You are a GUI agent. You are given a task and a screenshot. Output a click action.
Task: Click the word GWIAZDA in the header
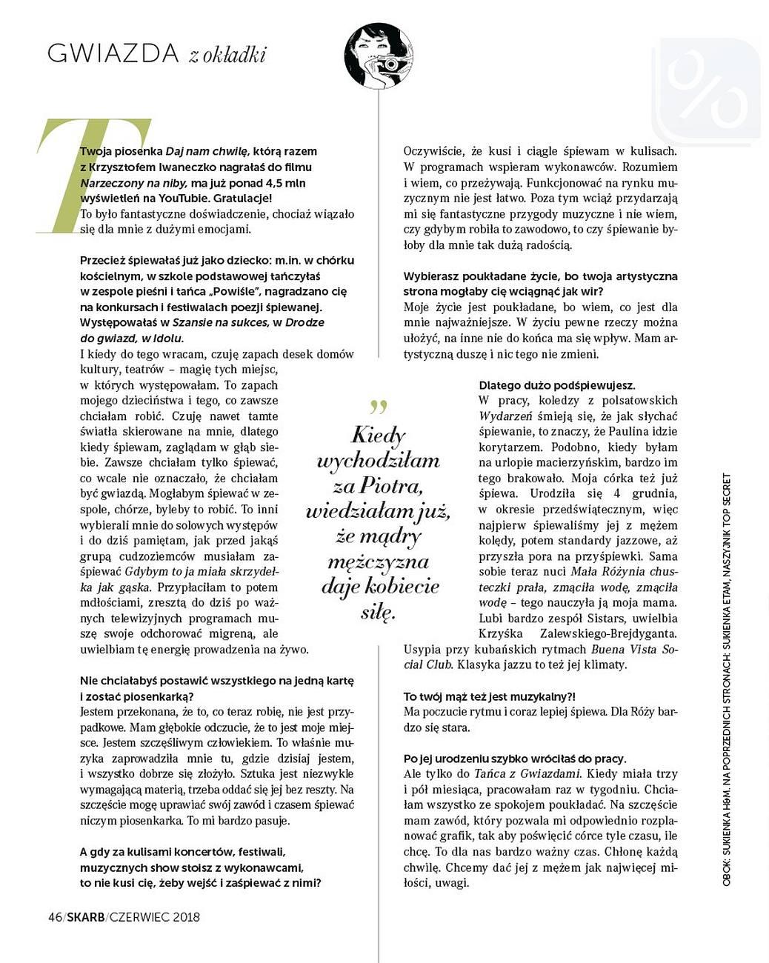113,53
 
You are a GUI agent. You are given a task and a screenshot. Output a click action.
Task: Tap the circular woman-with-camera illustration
378,56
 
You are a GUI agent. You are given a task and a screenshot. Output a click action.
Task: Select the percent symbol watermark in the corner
705,90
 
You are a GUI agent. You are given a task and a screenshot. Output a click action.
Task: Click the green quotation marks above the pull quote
379,407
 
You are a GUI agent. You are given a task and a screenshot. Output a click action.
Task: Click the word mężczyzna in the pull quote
379,562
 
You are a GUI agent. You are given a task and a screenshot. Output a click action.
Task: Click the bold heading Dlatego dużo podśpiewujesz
556,385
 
